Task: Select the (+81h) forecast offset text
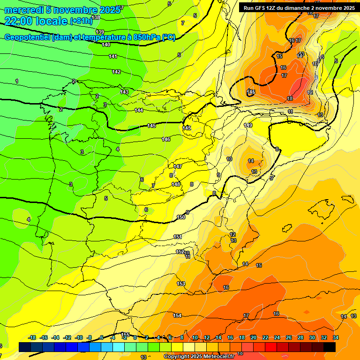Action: pos(81,22)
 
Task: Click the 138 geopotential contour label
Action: pos(96,17)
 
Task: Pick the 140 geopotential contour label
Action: pos(106,45)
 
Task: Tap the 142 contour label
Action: pos(116,72)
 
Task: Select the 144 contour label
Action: pos(139,110)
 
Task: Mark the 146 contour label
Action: pos(166,139)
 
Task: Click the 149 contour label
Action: pos(248,125)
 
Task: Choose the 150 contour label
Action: pos(181,217)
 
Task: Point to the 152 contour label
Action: pos(180,252)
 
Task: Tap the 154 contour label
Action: pos(177,315)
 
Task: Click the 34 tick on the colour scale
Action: pos(336,337)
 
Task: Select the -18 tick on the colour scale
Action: pos(32,337)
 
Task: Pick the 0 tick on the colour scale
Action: pos(135,337)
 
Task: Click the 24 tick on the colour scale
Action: pos(277,337)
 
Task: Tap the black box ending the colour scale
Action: pos(329,347)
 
